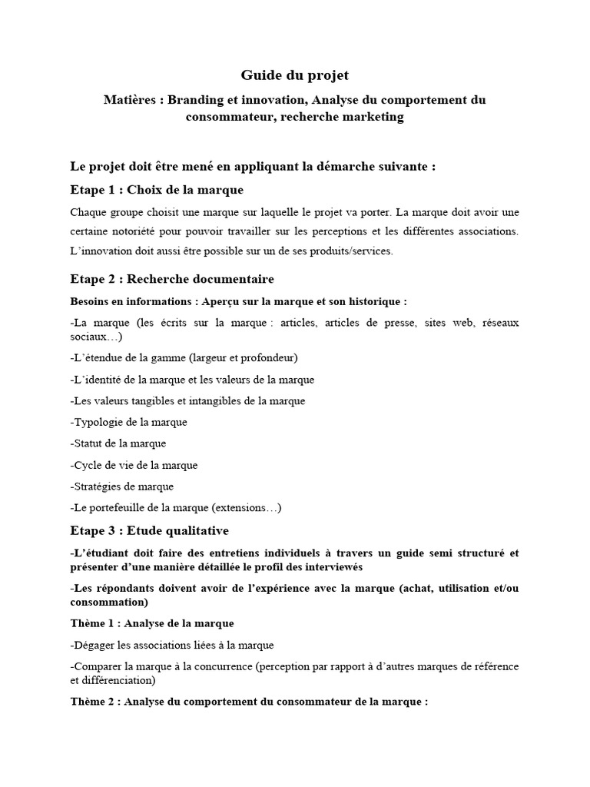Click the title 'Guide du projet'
(295, 75)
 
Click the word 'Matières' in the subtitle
(130, 100)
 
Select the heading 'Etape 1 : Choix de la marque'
(157, 189)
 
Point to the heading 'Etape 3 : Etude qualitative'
(149, 530)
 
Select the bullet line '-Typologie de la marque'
(128, 422)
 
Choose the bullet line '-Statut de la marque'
(118, 443)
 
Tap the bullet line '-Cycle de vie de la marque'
(134, 465)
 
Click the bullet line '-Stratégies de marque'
(121, 486)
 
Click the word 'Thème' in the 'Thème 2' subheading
(87, 702)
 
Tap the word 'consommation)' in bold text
(109, 603)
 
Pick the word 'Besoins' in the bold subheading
(89, 301)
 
